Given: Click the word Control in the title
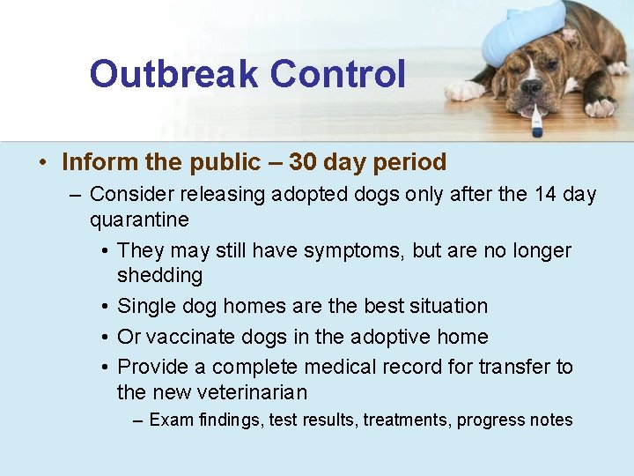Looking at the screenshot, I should pyautogui.click(x=338, y=74).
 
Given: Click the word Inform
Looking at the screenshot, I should pyautogui.click(x=92, y=162).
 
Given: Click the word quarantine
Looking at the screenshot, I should pyautogui.click(x=139, y=219).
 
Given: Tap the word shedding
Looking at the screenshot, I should pyautogui.click(x=159, y=276).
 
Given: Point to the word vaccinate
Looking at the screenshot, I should pyautogui.click(x=187, y=337).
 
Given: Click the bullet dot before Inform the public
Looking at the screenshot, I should pyautogui.click(x=42, y=163).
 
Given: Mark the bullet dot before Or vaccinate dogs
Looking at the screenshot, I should pyautogui.click(x=105, y=338).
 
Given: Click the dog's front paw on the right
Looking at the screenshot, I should pyautogui.click(x=601, y=108).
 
